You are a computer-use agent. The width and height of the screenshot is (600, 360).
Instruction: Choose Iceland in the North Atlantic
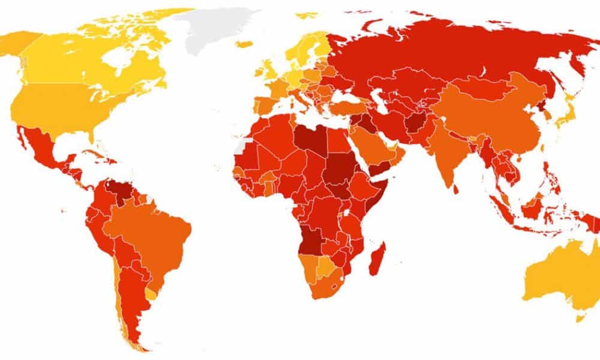tap(245, 44)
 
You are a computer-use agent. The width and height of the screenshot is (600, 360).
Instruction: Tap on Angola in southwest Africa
tap(309, 240)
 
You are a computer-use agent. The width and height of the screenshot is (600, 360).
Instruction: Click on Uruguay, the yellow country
tap(151, 294)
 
